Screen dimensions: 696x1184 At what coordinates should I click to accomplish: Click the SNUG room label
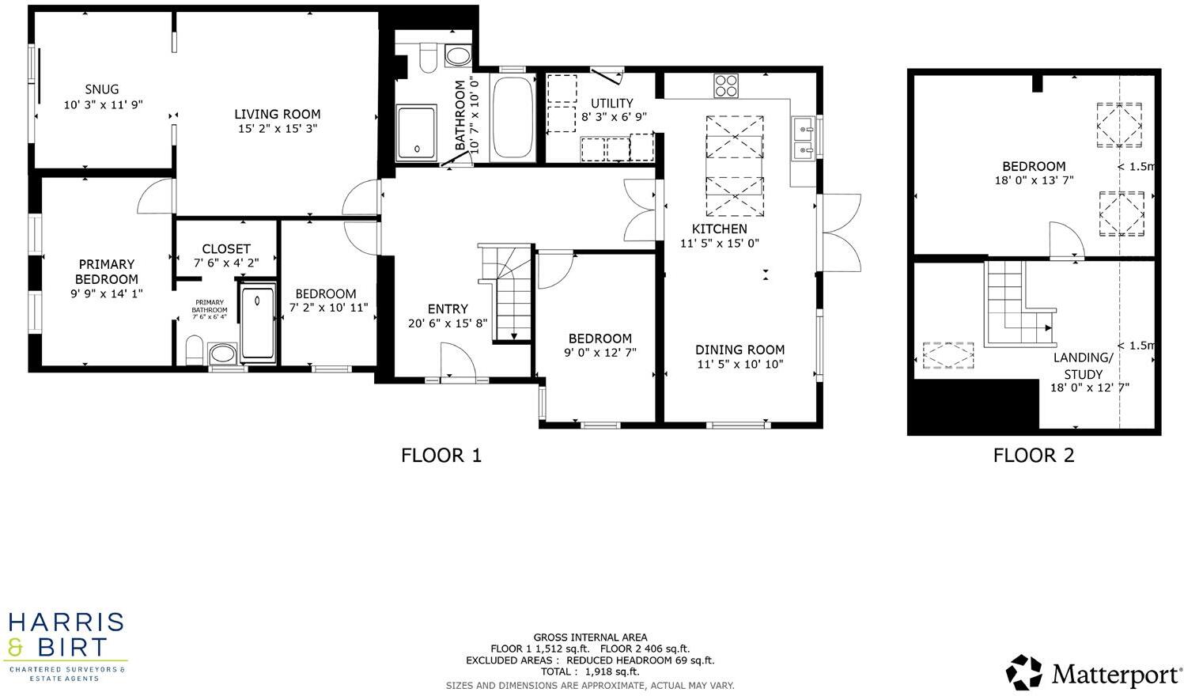tap(102, 89)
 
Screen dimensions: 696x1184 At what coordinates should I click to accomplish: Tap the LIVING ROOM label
tap(277, 114)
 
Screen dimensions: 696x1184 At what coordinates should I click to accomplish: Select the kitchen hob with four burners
tap(726, 85)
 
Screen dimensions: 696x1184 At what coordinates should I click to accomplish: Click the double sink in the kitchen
tap(804, 138)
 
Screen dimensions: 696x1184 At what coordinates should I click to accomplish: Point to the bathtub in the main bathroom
tap(513, 119)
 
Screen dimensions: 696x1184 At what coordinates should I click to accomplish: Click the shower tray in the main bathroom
tap(416, 133)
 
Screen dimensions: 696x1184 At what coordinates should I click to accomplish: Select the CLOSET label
tap(226, 248)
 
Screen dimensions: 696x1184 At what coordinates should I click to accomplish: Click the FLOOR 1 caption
tap(441, 456)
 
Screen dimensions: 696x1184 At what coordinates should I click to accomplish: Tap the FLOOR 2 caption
tap(1033, 456)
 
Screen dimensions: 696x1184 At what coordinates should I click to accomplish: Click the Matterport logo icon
tap(1024, 672)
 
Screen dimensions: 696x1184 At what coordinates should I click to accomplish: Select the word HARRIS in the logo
tap(66, 622)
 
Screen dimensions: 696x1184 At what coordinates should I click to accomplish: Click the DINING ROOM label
tap(740, 350)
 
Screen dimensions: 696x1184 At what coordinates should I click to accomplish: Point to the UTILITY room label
tap(612, 103)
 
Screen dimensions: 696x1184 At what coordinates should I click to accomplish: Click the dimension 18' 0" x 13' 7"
tap(1034, 180)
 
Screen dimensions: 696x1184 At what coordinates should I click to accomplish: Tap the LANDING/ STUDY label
tap(1083, 365)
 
